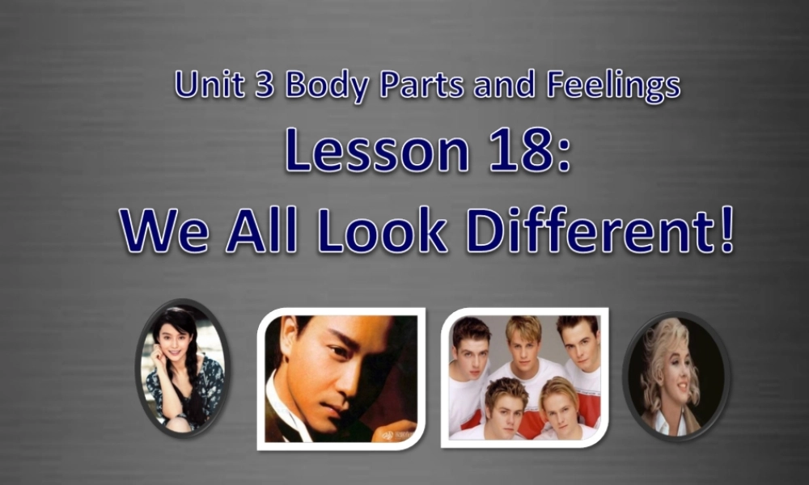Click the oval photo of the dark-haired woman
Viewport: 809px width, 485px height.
click(x=182, y=368)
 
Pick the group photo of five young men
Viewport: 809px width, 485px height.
click(x=525, y=377)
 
